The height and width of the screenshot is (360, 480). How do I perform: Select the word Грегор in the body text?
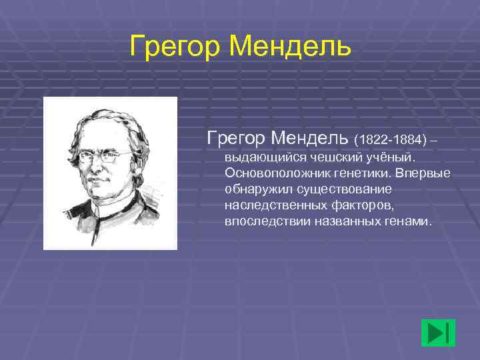(x=237, y=138)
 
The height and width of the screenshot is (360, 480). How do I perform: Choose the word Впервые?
(x=423, y=174)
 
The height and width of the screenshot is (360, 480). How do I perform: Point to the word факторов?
(x=361, y=205)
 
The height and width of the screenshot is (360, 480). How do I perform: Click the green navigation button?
(x=438, y=333)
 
